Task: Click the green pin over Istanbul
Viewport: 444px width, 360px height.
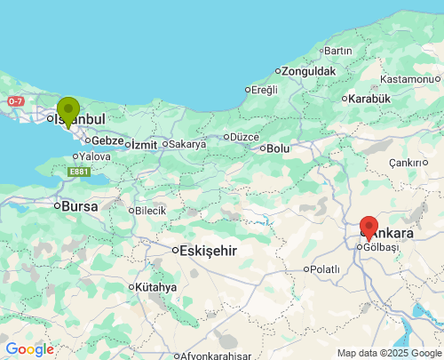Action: pos(67,111)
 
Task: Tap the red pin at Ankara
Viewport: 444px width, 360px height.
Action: pos(369,228)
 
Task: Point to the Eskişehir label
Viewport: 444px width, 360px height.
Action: pos(209,251)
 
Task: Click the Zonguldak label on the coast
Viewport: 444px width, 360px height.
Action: pos(310,70)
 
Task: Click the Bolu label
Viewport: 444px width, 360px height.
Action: pos(278,148)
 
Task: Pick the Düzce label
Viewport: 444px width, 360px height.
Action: pos(244,137)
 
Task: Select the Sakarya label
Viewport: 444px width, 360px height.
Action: pos(187,144)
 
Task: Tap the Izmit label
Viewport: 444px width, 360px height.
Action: pos(144,144)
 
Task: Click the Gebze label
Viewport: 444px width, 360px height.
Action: pos(107,140)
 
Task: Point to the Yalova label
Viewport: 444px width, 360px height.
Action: pos(94,156)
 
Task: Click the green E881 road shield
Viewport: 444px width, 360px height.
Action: pos(79,172)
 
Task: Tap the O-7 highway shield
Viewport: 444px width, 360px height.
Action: pos(16,101)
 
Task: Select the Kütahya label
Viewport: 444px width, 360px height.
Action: pos(156,287)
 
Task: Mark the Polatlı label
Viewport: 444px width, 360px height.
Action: pos(324,268)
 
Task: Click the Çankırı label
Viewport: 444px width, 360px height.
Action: pos(409,163)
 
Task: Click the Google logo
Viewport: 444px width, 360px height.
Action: pos(29,349)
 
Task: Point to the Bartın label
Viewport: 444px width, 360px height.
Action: pos(338,51)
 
